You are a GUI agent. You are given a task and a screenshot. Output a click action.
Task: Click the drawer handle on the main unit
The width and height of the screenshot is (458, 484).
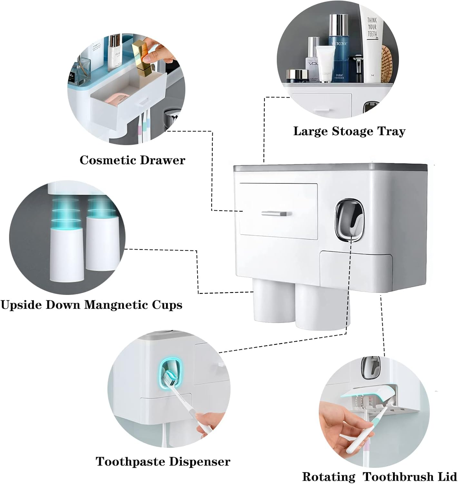coord(277,214)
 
